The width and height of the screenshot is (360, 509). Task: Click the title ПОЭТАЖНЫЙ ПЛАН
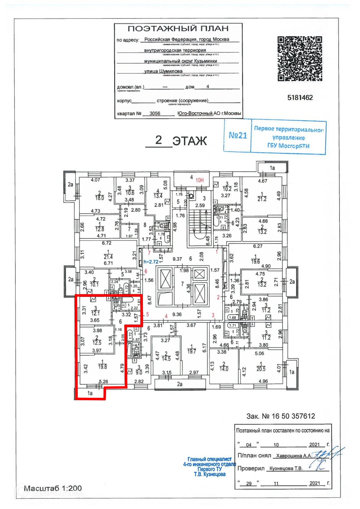(178, 29)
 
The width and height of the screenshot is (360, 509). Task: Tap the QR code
(300, 59)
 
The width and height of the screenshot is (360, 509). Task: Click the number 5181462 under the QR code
(300, 98)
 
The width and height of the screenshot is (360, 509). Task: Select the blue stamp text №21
(238, 135)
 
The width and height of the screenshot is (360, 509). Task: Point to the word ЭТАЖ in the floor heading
(189, 141)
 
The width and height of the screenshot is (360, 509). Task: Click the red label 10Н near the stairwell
(199, 180)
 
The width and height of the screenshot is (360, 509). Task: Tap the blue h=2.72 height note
(151, 262)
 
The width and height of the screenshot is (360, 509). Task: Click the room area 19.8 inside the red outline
(102, 367)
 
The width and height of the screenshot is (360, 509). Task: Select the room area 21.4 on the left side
(108, 257)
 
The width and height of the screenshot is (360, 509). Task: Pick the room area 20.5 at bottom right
(261, 369)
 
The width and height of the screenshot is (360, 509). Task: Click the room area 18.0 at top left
(99, 198)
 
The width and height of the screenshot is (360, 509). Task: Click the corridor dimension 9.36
(177, 314)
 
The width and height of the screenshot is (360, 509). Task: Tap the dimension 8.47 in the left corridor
(149, 300)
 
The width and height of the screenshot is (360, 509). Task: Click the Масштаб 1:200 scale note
(53, 488)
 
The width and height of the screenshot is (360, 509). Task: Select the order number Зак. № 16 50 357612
(280, 416)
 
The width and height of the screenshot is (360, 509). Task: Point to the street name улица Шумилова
(163, 71)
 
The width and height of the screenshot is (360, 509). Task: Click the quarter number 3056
(155, 113)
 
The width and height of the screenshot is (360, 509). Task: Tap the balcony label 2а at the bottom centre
(179, 384)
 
